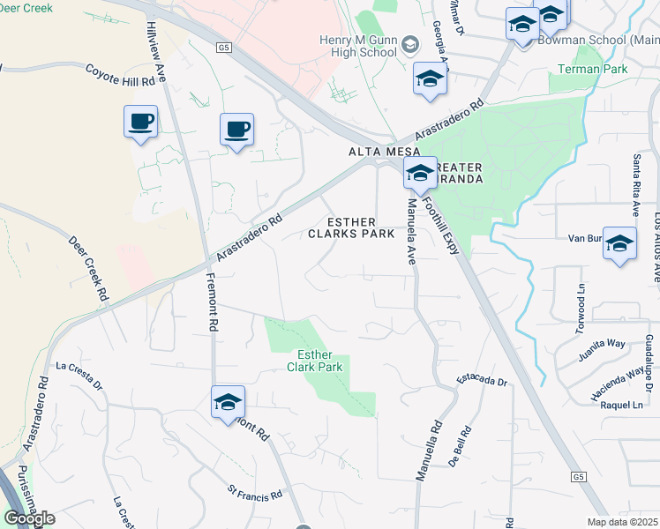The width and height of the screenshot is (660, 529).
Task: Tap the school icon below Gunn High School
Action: [x=430, y=80]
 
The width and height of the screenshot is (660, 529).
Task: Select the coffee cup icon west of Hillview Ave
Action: [x=140, y=123]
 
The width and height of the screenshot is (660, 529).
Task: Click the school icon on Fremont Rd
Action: [x=228, y=403]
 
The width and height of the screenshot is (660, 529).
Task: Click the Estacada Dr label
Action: [x=482, y=381]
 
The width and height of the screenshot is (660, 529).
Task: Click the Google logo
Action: [x=30, y=518]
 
